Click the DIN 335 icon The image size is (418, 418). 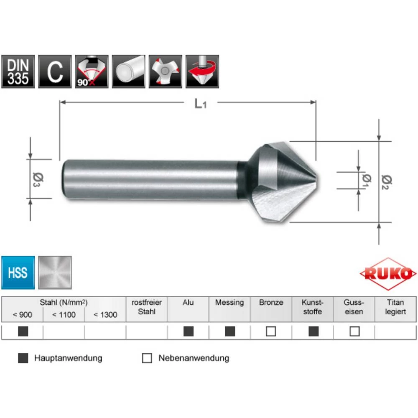coord(18,71)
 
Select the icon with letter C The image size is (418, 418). coord(55,71)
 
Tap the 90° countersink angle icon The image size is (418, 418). coord(92,71)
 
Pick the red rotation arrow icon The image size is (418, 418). coord(202,71)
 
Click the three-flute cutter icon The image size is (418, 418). coord(166,71)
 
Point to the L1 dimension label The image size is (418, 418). coord(201,103)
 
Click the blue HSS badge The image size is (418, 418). coord(18,273)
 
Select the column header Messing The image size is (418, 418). coord(229,303)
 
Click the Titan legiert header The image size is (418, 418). coord(395,307)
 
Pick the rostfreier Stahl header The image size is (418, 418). coord(147,307)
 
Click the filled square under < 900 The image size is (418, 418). coord(23,331)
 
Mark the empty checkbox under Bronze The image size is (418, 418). coord(271,331)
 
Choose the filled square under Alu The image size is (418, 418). coord(189,331)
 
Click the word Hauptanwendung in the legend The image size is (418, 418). coord(68,358)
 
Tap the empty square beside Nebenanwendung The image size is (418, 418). coord(147,358)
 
